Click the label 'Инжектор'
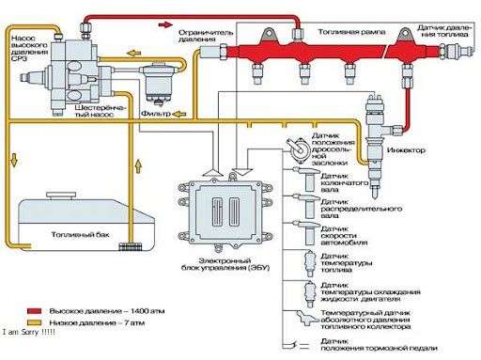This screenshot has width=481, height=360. coord(405,150)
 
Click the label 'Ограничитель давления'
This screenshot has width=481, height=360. coord(206,36)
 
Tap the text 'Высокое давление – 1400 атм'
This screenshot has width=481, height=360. coord(89,308)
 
